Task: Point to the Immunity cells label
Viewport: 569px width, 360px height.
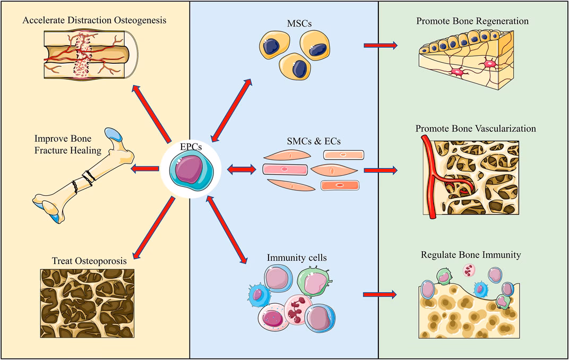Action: coord(296,258)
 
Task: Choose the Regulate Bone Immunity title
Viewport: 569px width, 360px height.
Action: coord(470,255)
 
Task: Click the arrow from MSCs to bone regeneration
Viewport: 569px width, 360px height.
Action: coord(380,46)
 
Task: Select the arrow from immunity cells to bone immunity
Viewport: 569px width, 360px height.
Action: coord(380,294)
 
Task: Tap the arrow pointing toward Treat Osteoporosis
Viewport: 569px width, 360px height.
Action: coord(153,228)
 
